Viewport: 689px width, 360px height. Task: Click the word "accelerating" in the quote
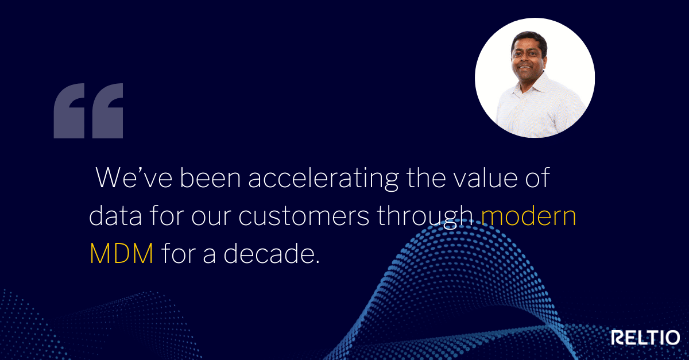tap(324, 179)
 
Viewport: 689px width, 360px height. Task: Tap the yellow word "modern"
tap(529, 216)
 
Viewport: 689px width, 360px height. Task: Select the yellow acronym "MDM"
tap(122, 254)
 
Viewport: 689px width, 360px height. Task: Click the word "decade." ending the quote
tap(271, 253)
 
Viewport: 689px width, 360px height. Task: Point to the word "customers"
tap(304, 217)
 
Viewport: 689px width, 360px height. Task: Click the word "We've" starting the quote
tap(134, 177)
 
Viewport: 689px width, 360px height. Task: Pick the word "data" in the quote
tap(115, 216)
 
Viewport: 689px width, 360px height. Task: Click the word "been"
tap(210, 177)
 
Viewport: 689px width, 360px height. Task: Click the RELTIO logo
tap(645, 338)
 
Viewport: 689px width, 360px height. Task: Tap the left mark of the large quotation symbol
tap(69, 111)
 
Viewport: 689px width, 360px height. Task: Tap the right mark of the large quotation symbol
tap(108, 111)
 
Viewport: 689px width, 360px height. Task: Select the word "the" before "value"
tap(426, 177)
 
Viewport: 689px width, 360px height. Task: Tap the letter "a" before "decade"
tap(210, 256)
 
